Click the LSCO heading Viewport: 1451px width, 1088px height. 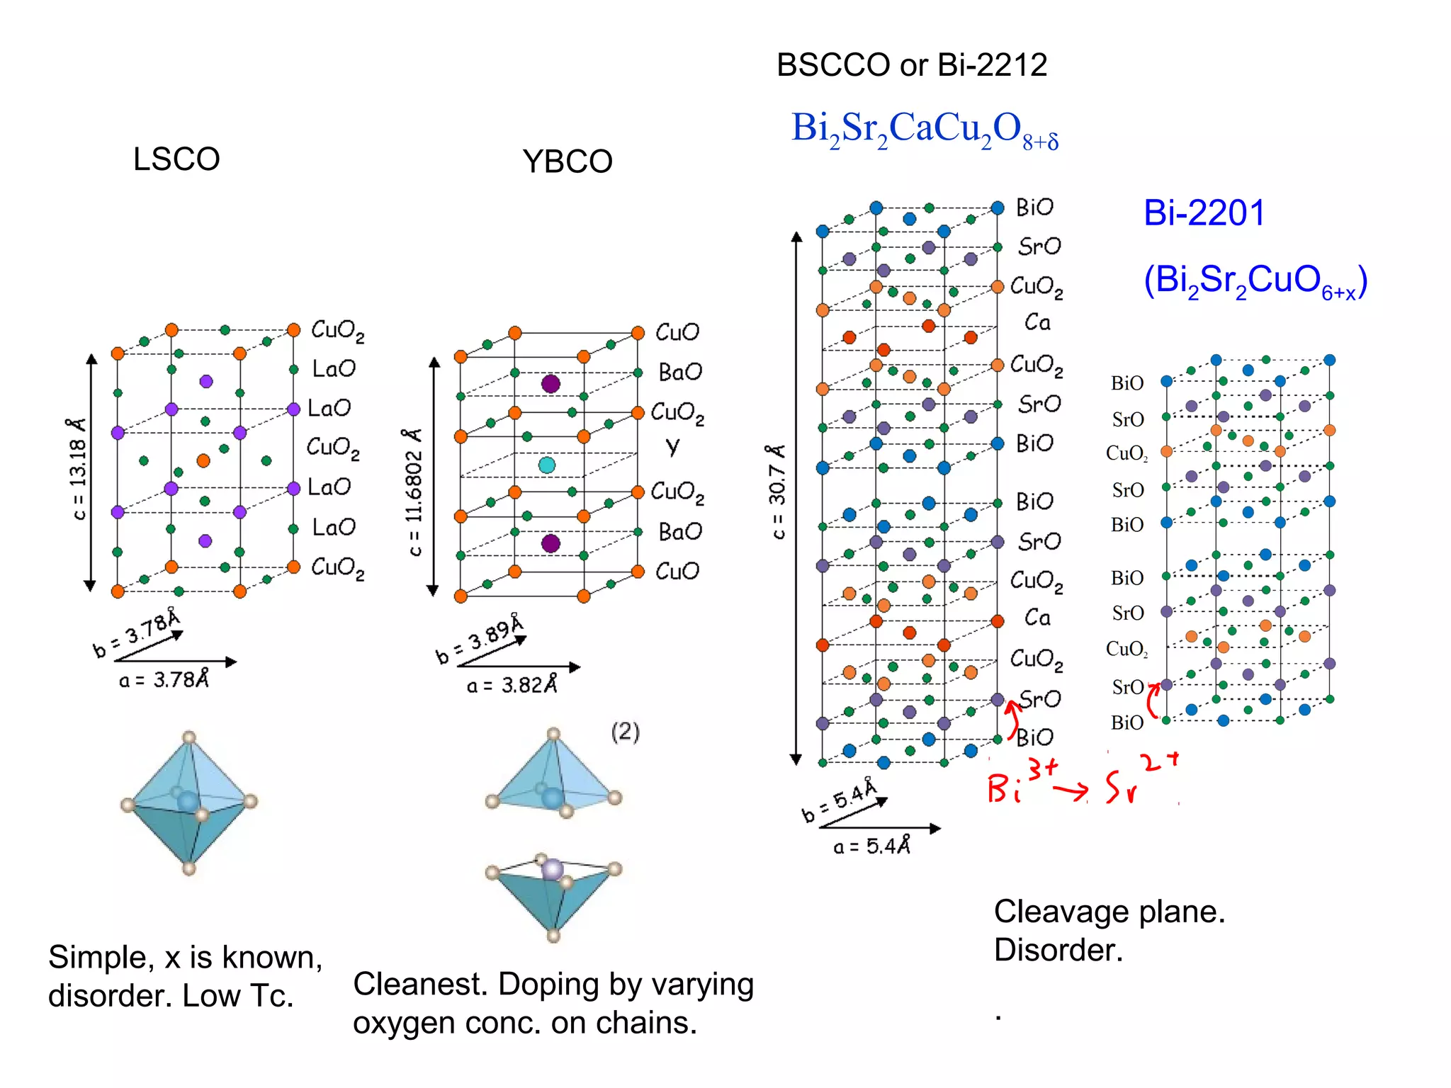(176, 159)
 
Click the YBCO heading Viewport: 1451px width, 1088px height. (568, 162)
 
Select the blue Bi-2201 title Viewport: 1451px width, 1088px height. (1204, 212)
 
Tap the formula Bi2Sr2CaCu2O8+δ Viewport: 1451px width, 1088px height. (924, 130)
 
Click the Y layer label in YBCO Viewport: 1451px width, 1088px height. (672, 446)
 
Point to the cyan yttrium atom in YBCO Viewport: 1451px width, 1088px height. (547, 465)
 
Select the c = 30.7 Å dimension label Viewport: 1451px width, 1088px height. (777, 492)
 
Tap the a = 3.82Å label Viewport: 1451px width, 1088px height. (512, 686)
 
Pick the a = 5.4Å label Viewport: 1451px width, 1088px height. (871, 846)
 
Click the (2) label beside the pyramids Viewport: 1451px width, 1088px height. (625, 732)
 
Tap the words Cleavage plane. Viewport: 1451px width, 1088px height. (1109, 912)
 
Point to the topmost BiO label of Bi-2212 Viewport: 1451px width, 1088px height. (1034, 208)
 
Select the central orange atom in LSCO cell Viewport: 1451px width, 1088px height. (203, 461)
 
